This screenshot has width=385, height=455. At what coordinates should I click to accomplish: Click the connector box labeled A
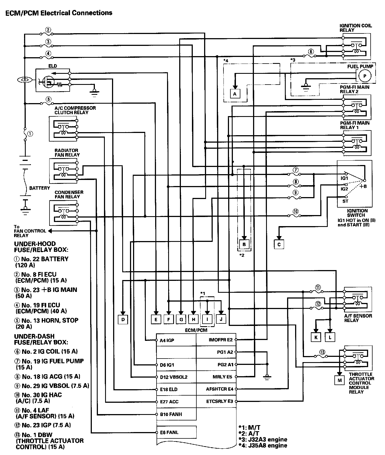pos(235,94)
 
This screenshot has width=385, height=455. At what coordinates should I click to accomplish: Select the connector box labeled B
pos(244,244)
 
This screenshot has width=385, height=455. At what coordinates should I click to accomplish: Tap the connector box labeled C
pos(279,244)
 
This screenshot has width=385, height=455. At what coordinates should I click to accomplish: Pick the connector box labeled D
pos(123,320)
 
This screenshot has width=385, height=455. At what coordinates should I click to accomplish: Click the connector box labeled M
pos(339,380)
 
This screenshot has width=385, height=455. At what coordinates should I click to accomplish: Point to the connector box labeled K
pos(316,337)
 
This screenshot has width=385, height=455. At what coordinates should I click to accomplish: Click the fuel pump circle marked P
pos(365,76)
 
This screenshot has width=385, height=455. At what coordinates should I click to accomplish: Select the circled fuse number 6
pos(311,51)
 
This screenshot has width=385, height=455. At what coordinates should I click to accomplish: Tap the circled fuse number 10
pos(296,212)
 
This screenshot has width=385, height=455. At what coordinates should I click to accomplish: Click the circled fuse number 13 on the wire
pos(322,352)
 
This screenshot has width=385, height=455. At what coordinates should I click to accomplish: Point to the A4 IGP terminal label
pos(167,340)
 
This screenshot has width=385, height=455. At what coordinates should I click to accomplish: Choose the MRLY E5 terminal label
pos(222,377)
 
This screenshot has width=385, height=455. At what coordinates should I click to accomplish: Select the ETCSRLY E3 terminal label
pos(220,401)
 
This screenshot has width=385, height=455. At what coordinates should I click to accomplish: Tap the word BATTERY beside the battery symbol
pos(40,188)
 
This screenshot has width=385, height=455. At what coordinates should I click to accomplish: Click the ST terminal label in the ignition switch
pos(345,201)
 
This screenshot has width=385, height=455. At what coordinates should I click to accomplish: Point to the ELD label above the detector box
pos(53,66)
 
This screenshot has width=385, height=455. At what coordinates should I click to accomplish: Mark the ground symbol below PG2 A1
pos(267,377)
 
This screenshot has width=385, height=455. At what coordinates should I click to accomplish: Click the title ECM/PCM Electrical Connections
pos(59,13)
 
